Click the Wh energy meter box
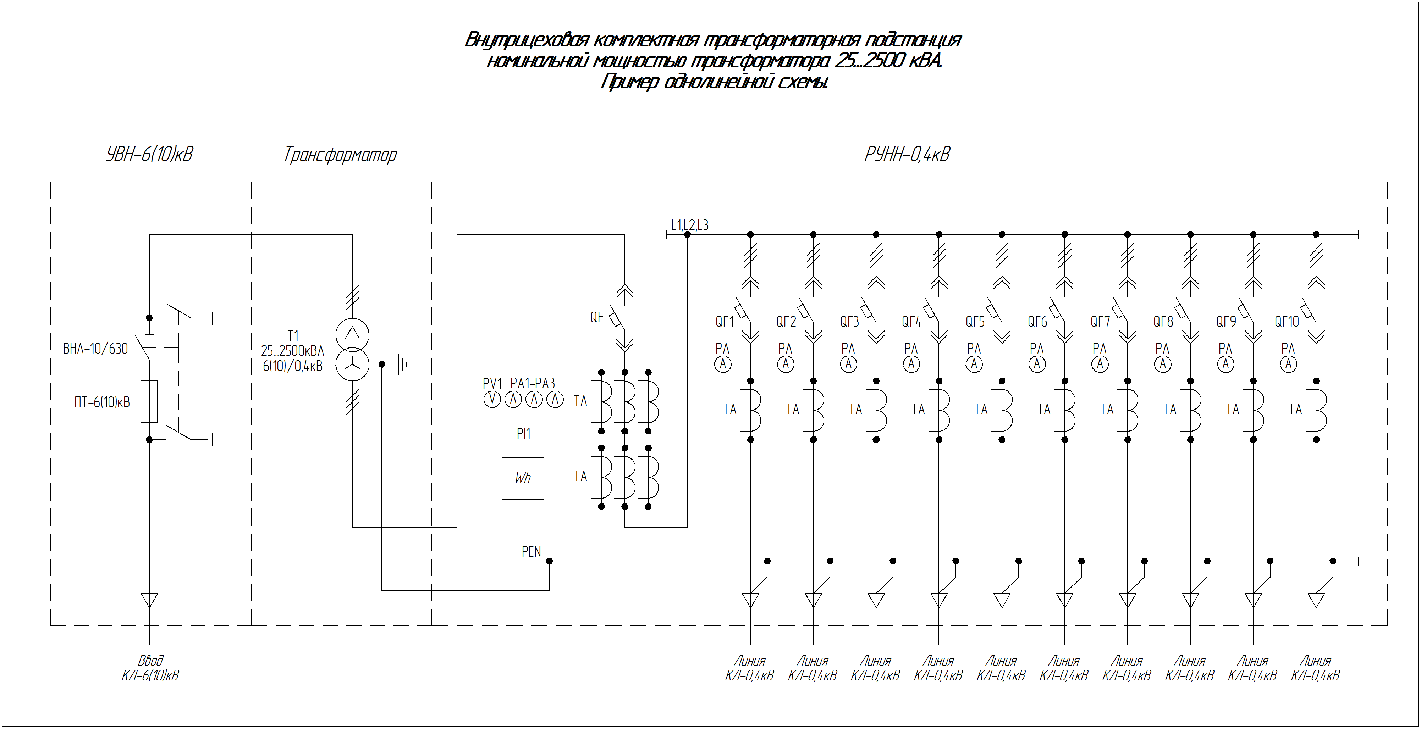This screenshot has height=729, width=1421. point(522,471)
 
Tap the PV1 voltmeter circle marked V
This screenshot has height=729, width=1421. point(492,399)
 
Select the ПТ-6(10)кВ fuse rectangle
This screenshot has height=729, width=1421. point(149,401)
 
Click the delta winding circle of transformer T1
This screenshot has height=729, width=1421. point(352,334)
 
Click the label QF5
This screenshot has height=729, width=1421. point(975,322)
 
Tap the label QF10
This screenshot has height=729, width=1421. point(1287,322)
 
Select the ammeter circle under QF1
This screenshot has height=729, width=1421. point(723,364)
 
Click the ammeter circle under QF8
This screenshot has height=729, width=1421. point(1163,364)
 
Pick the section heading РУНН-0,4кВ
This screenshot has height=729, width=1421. point(908,154)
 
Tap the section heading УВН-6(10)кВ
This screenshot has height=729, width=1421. point(149,154)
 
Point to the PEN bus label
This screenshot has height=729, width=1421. point(531,551)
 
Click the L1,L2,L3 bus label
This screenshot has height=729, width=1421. point(689,225)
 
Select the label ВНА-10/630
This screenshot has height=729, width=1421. point(95,349)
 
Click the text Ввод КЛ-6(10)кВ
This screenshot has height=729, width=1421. point(150,668)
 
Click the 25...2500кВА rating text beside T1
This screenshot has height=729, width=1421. point(292,351)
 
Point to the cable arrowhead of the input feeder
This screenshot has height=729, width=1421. point(149,600)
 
